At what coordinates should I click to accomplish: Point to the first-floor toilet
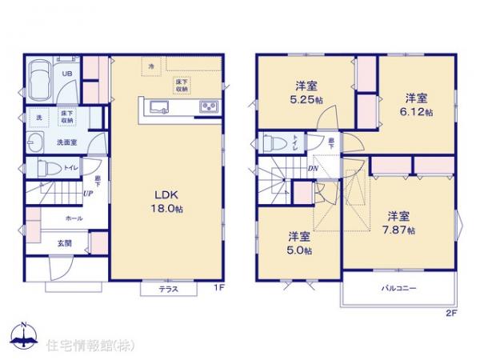(48, 169)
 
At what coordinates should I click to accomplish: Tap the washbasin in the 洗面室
(34, 144)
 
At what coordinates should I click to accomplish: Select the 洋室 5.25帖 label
(307, 93)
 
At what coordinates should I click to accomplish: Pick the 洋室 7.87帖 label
(400, 222)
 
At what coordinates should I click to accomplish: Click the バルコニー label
(397, 288)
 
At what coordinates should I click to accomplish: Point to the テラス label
(168, 289)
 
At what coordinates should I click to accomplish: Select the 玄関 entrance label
(64, 241)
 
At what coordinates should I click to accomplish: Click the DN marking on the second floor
(313, 169)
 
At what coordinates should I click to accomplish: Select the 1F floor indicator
(218, 287)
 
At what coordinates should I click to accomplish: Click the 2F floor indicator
(450, 314)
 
